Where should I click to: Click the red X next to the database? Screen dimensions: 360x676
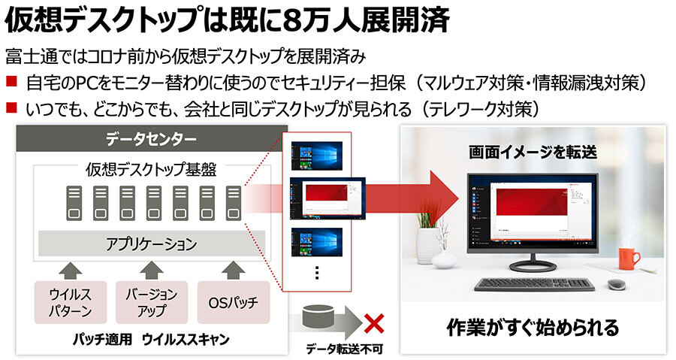coord(374,324)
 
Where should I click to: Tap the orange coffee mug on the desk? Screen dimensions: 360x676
coord(628,259)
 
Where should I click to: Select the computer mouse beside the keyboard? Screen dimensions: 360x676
coord(617,285)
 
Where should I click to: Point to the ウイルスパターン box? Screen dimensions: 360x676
coord(70,303)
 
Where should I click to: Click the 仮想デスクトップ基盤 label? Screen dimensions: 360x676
coord(151,170)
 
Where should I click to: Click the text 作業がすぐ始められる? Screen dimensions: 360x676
coord(533,328)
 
